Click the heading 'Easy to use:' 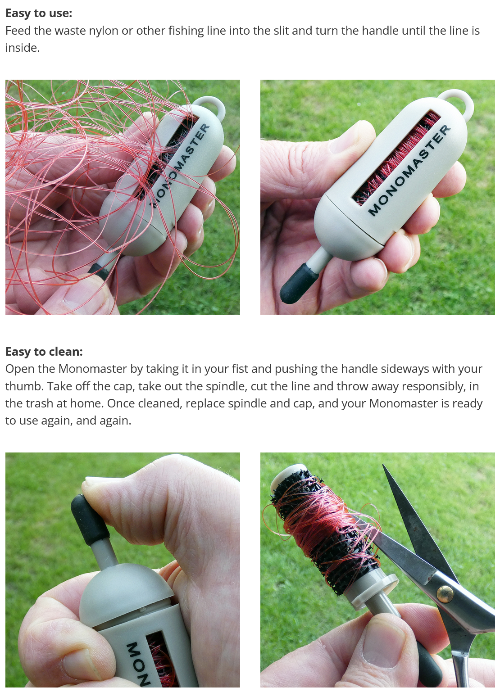click(x=39, y=13)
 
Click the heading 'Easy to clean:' click(x=44, y=352)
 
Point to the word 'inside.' click(x=23, y=48)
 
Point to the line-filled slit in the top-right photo click(x=395, y=158)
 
